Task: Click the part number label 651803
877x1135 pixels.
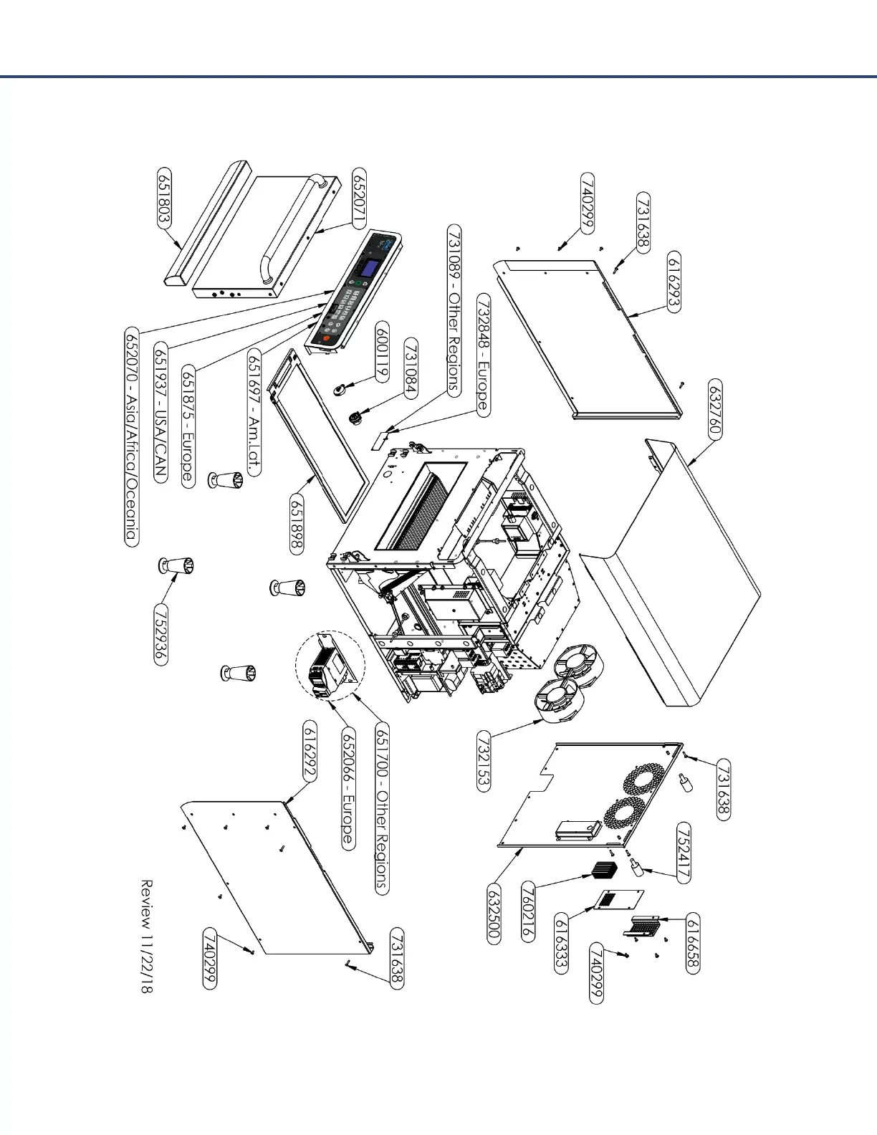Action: coord(164,198)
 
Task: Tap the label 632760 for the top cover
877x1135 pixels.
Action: coord(714,409)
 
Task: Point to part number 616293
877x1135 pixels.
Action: coord(674,281)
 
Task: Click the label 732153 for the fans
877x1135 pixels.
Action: coord(484,760)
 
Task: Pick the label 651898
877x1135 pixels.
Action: coord(297,522)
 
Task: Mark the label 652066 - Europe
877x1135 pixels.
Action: coord(348,789)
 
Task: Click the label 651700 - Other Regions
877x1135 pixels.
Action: coord(382,809)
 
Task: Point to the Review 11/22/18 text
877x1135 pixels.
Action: coord(146,936)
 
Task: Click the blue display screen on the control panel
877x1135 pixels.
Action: coord(370,270)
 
